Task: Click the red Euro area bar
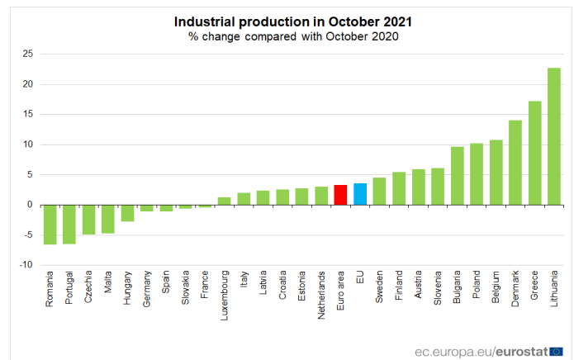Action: (340, 195)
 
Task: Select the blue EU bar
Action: (360, 194)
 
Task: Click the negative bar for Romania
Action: (50, 225)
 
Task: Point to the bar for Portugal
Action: (69, 224)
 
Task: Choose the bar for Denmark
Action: (515, 163)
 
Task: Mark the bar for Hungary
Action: (127, 213)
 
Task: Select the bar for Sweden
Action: (379, 192)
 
